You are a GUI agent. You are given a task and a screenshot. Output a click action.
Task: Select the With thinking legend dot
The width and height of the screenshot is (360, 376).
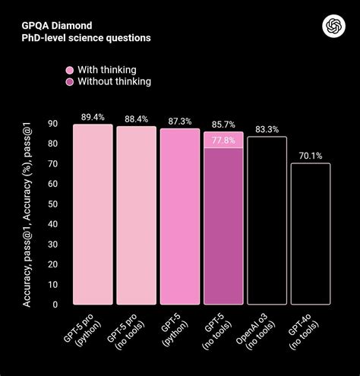(x=69, y=69)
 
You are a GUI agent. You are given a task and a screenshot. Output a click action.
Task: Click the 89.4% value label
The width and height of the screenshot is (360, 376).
(x=93, y=117)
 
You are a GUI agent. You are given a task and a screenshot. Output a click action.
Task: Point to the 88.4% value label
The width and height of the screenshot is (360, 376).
(x=136, y=118)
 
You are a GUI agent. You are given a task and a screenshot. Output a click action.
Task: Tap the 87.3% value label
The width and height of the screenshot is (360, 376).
(x=180, y=121)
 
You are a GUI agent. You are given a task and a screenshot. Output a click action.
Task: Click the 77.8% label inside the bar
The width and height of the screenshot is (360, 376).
(x=223, y=140)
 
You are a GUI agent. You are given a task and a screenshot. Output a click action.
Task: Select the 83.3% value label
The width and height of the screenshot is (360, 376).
(x=267, y=129)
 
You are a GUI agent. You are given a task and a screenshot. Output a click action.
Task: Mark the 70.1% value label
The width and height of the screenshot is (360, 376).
(x=310, y=156)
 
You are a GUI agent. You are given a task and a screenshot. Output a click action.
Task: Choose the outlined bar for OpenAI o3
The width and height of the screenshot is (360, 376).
(x=267, y=220)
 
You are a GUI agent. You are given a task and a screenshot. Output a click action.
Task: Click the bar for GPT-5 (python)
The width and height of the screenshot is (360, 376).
(x=180, y=216)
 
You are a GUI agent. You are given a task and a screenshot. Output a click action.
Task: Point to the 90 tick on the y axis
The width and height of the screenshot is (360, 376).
(x=52, y=124)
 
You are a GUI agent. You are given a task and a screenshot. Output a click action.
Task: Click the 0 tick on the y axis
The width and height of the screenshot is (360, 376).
(x=55, y=305)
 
